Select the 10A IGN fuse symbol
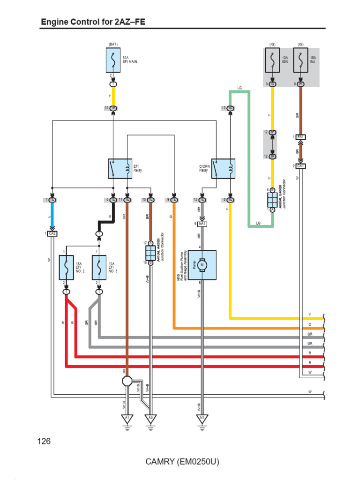(272, 60)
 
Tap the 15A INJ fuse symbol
(300, 60)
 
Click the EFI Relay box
(120, 169)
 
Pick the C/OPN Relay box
(223, 169)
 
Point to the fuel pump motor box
(202, 264)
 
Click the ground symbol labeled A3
(150, 419)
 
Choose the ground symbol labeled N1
(202, 419)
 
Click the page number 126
(43, 441)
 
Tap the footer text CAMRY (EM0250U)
(182, 462)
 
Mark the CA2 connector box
(52, 233)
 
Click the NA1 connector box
(202, 224)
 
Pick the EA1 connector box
(300, 137)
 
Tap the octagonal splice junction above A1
(127, 381)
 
